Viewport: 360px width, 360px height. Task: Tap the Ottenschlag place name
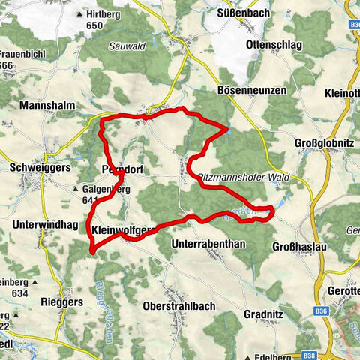(x=274, y=45)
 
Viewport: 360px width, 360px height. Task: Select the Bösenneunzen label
(x=253, y=90)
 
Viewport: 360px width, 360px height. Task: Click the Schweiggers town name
(x=40, y=169)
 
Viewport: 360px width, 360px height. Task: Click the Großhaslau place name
(x=295, y=244)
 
